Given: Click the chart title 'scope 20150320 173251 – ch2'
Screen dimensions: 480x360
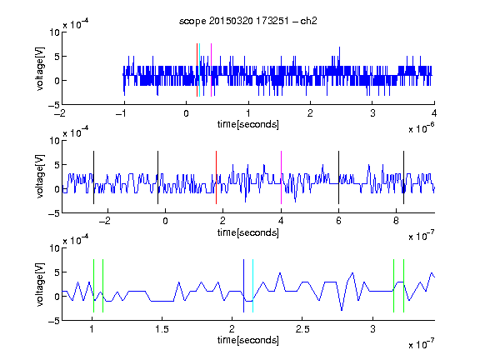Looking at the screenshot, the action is click(x=248, y=21).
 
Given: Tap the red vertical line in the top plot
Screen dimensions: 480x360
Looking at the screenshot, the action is click(x=197, y=70).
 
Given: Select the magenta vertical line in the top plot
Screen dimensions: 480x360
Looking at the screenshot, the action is click(x=211, y=70).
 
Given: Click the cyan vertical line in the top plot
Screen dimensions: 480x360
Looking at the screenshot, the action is click(x=200, y=70).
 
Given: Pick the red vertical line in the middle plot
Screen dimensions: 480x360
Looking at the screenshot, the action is click(x=216, y=177).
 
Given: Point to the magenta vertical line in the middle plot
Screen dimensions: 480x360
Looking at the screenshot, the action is click(x=282, y=177).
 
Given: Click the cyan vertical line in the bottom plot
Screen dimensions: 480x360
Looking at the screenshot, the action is click(x=252, y=286).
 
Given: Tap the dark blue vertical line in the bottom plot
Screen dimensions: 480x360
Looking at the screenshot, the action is click(x=243, y=286).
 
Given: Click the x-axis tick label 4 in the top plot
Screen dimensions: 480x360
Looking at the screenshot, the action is click(x=434, y=113).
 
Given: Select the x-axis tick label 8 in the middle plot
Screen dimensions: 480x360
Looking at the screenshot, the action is click(x=396, y=221).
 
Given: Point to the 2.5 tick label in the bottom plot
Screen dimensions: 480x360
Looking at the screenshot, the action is click(x=302, y=329).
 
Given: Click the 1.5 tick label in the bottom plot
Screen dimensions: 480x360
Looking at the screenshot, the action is click(x=162, y=329).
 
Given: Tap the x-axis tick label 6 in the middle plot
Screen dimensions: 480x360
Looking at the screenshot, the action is click(x=338, y=221).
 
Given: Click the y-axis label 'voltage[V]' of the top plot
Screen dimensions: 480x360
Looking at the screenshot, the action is click(x=40, y=69).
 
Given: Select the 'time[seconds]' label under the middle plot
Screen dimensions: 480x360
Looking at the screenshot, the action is click(x=248, y=232).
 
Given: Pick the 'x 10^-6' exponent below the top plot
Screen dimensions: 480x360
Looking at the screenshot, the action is click(x=422, y=128).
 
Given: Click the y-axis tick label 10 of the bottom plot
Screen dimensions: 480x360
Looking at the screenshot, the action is click(x=54, y=248).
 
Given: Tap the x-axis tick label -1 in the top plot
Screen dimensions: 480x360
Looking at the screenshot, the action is click(x=122, y=113).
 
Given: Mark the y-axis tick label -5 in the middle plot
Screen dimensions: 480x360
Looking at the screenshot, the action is click(x=54, y=213).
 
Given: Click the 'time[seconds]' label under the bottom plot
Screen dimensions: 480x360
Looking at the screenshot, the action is click(x=248, y=340).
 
